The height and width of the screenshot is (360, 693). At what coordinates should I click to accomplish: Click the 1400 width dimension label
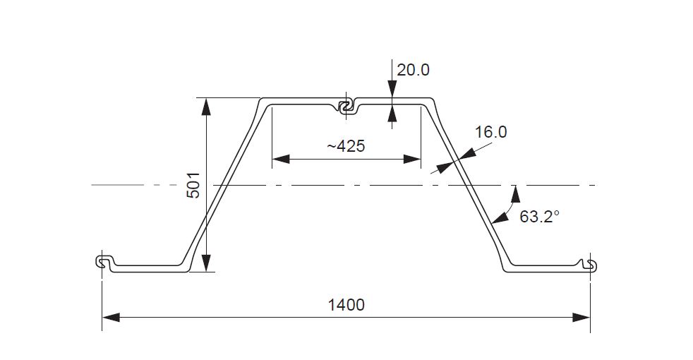tap(346, 305)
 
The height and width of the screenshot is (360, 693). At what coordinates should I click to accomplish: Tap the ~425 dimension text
tap(345, 146)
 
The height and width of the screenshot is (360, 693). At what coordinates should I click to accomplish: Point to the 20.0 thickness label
tap(413, 70)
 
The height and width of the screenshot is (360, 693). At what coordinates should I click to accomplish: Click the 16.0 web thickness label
tap(490, 132)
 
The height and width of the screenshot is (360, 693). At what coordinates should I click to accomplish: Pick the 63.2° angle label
tap(539, 216)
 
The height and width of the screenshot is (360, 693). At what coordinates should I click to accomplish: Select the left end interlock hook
tap(103, 262)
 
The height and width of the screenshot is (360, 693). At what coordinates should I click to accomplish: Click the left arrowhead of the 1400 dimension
tap(112, 318)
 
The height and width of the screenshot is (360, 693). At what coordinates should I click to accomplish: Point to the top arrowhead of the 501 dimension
tap(205, 106)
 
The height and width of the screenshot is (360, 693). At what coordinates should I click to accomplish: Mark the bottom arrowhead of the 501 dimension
tap(205, 263)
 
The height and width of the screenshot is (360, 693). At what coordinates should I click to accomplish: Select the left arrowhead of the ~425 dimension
tap(281, 160)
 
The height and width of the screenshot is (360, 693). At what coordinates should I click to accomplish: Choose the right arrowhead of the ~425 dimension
tap(412, 160)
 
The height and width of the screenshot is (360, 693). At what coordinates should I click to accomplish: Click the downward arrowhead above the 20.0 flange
tap(392, 90)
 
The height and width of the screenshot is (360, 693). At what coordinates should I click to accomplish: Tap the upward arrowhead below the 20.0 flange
tap(392, 113)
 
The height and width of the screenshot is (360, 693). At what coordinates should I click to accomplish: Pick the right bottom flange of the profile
tap(543, 268)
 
